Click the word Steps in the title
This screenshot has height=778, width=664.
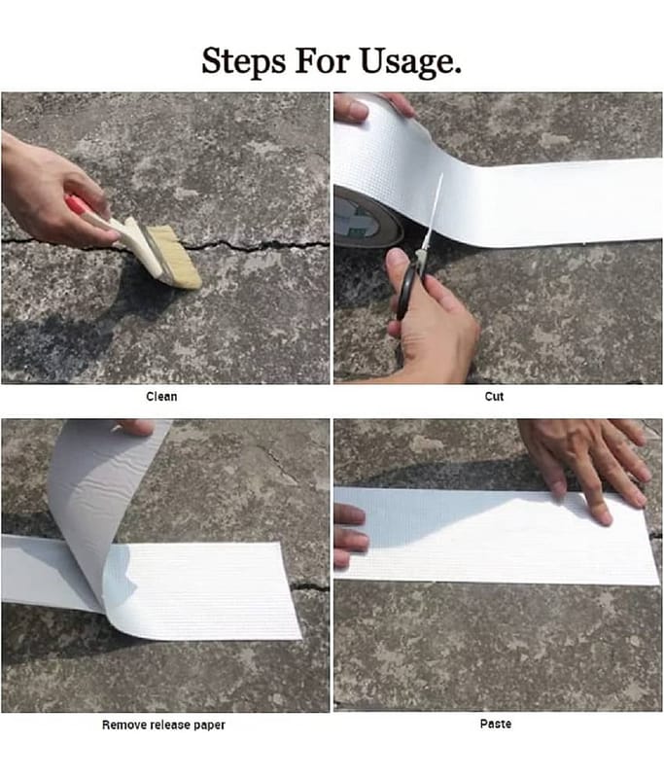[x=243, y=61]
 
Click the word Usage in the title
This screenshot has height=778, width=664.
[x=409, y=62]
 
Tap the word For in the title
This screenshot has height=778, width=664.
[x=323, y=60]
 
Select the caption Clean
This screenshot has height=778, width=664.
[x=161, y=397]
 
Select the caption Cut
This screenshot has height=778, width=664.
[x=495, y=397]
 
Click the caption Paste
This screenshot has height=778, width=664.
[x=496, y=724]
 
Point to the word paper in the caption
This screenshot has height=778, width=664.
[x=209, y=725]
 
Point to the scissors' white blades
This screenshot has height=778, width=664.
[x=433, y=213]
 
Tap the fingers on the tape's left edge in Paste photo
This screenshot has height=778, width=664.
[x=350, y=533]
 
